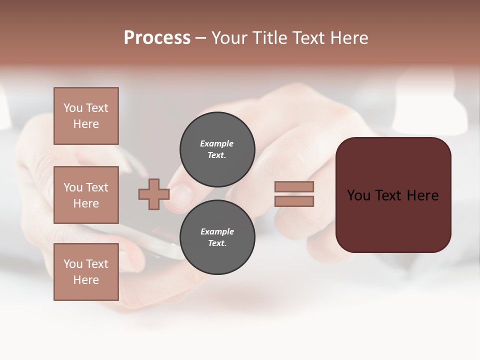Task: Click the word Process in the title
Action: pyautogui.click(x=157, y=38)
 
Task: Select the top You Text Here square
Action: pyautogui.click(x=86, y=116)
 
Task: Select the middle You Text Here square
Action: pyautogui.click(x=86, y=195)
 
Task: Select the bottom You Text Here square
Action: pyautogui.click(x=86, y=272)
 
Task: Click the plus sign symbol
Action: pyautogui.click(x=154, y=194)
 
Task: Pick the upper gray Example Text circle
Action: pyautogui.click(x=217, y=149)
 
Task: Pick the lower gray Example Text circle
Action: pyautogui.click(x=217, y=237)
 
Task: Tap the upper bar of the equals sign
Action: pyautogui.click(x=294, y=187)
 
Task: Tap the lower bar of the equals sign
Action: pyautogui.click(x=294, y=201)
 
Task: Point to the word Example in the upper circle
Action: pyautogui.click(x=216, y=143)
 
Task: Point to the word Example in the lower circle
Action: pyautogui.click(x=217, y=231)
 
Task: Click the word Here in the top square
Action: pyautogui.click(x=86, y=124)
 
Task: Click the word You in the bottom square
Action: pyautogui.click(x=73, y=264)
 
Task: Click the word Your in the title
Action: pyautogui.click(x=229, y=38)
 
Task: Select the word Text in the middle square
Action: pyautogui.click(x=97, y=187)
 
